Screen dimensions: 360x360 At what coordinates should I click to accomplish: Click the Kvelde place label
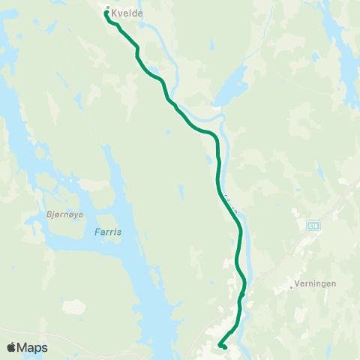click(127, 13)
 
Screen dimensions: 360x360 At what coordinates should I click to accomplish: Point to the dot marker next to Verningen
click(291, 286)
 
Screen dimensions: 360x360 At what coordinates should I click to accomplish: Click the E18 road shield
click(313, 224)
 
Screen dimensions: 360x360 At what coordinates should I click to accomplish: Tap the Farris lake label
click(108, 232)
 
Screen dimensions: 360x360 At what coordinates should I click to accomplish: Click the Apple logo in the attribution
click(12, 347)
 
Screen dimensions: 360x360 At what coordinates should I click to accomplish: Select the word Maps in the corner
click(33, 347)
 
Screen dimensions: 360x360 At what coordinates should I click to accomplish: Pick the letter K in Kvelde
click(114, 13)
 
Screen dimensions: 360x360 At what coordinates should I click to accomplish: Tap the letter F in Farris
click(97, 232)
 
